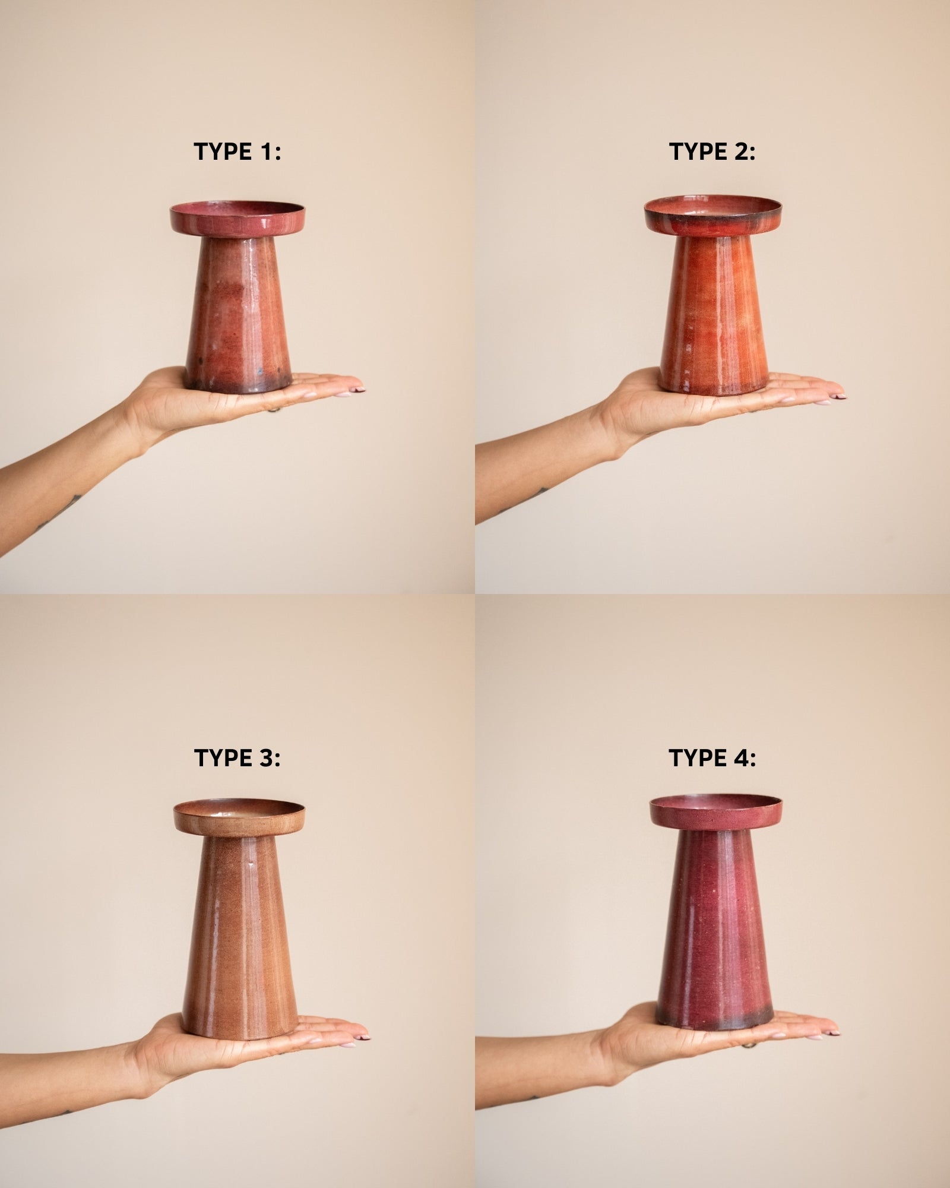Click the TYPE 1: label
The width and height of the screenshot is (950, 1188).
coord(237,152)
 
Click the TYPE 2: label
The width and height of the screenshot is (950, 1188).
coord(712,152)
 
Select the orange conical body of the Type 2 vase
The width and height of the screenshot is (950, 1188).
coord(714,314)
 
